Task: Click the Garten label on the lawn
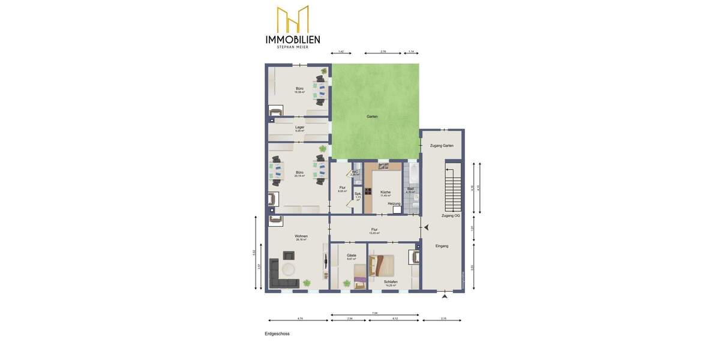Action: coord(372,116)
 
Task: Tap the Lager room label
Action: coord(299,127)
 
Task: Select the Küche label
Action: coord(385,193)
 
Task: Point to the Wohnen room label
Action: coord(301,236)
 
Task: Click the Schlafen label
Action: coord(390,281)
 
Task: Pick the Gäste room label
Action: coord(352,255)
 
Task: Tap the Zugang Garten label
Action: coord(442,146)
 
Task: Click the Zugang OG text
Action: coord(450,215)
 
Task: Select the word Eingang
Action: coord(442,246)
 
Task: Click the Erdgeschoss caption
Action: coord(277,334)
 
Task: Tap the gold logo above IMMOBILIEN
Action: coord(293,19)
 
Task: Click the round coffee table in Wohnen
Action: coord(289,269)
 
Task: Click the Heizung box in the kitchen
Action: coord(397,210)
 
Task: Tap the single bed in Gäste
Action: coord(360,275)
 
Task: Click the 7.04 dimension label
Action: coord(374,313)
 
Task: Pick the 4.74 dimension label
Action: coord(300,318)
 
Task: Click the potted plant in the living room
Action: coord(307,281)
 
